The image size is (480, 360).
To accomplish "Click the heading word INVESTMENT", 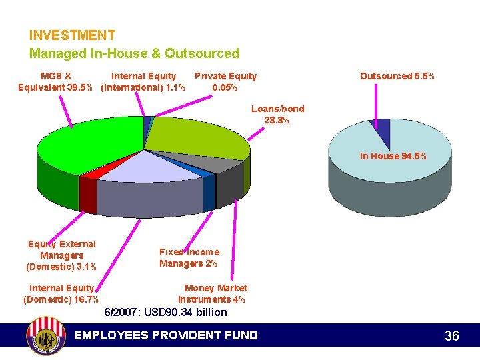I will click(x=72, y=35).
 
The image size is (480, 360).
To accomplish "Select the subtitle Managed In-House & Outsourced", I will click(x=133, y=53).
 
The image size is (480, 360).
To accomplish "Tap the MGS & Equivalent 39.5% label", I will click(x=56, y=82).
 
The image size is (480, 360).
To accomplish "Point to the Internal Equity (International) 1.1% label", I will click(x=143, y=82).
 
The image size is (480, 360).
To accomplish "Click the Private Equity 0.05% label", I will click(x=225, y=82).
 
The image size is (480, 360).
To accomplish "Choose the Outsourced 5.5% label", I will click(x=397, y=76).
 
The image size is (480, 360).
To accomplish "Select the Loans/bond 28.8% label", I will click(x=277, y=115).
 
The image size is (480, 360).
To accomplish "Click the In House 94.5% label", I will click(x=393, y=156).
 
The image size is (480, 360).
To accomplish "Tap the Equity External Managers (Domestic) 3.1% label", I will click(x=61, y=255).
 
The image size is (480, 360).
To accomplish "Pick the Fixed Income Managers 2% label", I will click(x=189, y=257).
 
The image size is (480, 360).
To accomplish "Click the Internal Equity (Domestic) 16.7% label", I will click(x=61, y=294).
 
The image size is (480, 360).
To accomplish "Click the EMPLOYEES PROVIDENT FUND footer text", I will click(x=166, y=335).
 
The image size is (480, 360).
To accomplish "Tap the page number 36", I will click(x=451, y=336).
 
